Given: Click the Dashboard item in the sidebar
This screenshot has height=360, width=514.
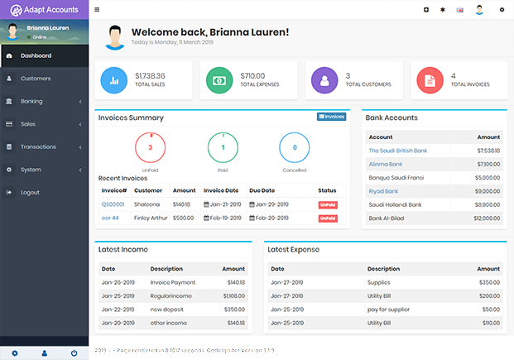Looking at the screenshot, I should click(36, 55).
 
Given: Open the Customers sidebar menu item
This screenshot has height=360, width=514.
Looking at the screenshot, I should click(36, 79).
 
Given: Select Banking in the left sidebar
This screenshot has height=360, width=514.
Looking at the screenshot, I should click(31, 101).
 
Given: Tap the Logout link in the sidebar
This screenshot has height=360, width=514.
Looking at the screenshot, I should click(30, 192).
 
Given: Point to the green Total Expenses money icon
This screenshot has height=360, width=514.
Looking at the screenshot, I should click(219, 80).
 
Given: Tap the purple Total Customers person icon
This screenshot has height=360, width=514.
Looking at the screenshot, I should click(324, 80).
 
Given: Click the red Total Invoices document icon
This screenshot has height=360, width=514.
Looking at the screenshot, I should click(430, 80).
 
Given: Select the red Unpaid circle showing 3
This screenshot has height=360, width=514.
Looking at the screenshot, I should click(150, 147).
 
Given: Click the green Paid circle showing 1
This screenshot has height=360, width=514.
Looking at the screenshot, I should click(222, 147).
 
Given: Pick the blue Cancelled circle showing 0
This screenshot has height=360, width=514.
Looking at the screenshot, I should click(295, 147).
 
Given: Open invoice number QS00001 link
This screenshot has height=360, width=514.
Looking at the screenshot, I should click(113, 204).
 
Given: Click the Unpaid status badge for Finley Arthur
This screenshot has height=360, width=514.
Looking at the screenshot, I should click(328, 218).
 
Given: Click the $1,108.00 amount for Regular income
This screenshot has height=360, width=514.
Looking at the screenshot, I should click(233, 295).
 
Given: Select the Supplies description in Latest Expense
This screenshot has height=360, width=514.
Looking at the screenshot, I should click(379, 282).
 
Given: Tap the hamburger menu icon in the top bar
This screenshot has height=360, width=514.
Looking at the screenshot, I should click(97, 10).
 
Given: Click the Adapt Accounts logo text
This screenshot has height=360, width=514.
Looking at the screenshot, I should click(50, 10).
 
